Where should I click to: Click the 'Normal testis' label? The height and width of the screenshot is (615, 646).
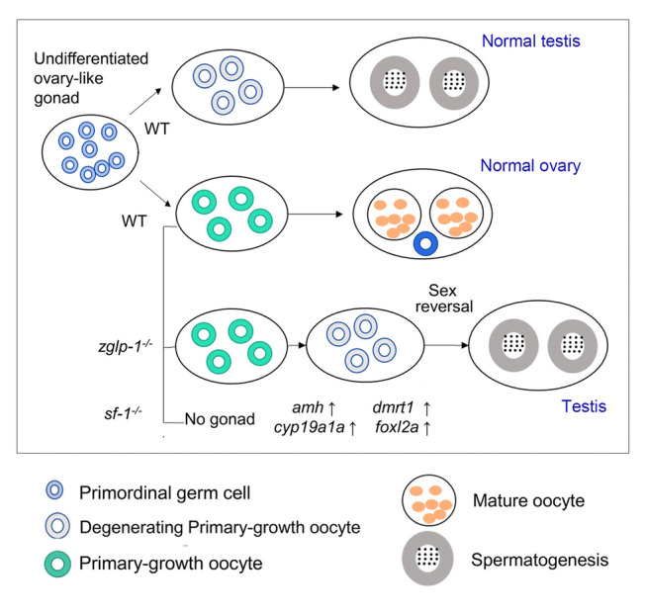pos(530,42)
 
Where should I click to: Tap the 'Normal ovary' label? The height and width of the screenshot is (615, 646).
pos(530,166)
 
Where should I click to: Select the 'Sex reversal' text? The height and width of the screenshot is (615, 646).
pos(444,299)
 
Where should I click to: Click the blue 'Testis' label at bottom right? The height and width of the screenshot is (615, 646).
pos(584,406)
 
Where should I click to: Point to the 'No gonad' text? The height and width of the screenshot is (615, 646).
pos(220,419)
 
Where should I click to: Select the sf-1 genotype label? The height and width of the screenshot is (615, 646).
pos(124,413)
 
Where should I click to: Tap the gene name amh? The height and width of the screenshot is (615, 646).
pos(308,407)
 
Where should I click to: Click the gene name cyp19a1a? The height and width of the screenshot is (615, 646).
pos(309,427)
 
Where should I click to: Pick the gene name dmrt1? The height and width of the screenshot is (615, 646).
pos(393,407)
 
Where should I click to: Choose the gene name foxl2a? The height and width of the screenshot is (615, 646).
pos(397,427)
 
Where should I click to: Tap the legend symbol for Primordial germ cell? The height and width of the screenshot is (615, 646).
pos(54,489)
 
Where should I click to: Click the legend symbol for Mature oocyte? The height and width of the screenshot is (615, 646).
pos(429,501)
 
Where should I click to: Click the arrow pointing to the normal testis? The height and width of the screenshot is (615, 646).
pos(312,87)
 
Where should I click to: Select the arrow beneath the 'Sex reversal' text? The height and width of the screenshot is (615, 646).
pos(446,345)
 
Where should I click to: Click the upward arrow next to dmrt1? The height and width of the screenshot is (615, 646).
pos(426,408)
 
